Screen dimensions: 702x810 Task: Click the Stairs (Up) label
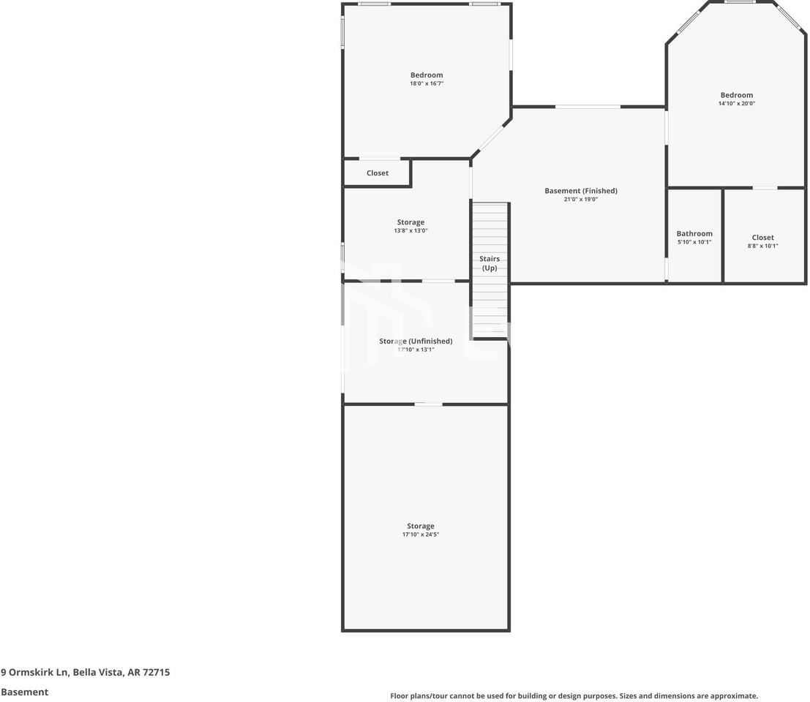point(490,263)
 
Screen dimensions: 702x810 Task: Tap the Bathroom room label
point(694,234)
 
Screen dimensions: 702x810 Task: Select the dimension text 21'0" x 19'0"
point(580,200)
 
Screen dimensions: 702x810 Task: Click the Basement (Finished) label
point(580,191)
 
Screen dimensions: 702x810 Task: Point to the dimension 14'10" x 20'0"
point(736,104)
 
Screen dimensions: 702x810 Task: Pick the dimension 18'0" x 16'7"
point(427,84)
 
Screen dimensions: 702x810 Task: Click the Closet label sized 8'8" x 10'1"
point(762,238)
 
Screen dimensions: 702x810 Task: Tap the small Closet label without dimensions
point(378,173)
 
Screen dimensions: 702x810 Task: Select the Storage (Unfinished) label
point(416,341)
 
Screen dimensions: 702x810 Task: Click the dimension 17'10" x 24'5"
point(421,535)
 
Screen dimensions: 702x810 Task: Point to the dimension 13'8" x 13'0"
point(410,231)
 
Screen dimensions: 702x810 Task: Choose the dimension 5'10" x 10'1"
point(694,242)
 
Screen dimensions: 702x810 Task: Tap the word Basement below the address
point(24,692)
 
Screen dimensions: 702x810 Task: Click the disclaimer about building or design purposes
point(574,696)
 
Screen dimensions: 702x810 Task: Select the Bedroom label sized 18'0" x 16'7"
point(427,75)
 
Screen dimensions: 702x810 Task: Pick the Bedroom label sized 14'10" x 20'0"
point(736,95)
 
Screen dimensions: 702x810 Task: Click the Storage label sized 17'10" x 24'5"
point(421,526)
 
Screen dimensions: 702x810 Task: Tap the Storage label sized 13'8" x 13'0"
point(410,222)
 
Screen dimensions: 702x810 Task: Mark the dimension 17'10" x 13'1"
point(416,350)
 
